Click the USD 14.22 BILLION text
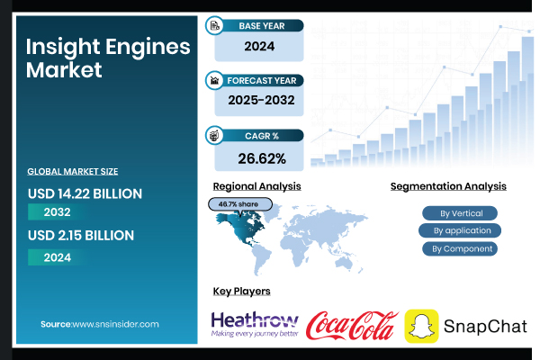(85, 193)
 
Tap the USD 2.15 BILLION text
(81, 236)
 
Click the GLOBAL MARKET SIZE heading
(73, 171)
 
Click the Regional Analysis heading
(256, 186)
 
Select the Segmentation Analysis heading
(448, 186)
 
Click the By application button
(461, 230)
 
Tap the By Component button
(461, 248)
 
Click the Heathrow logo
(254, 324)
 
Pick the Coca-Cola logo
(353, 325)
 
